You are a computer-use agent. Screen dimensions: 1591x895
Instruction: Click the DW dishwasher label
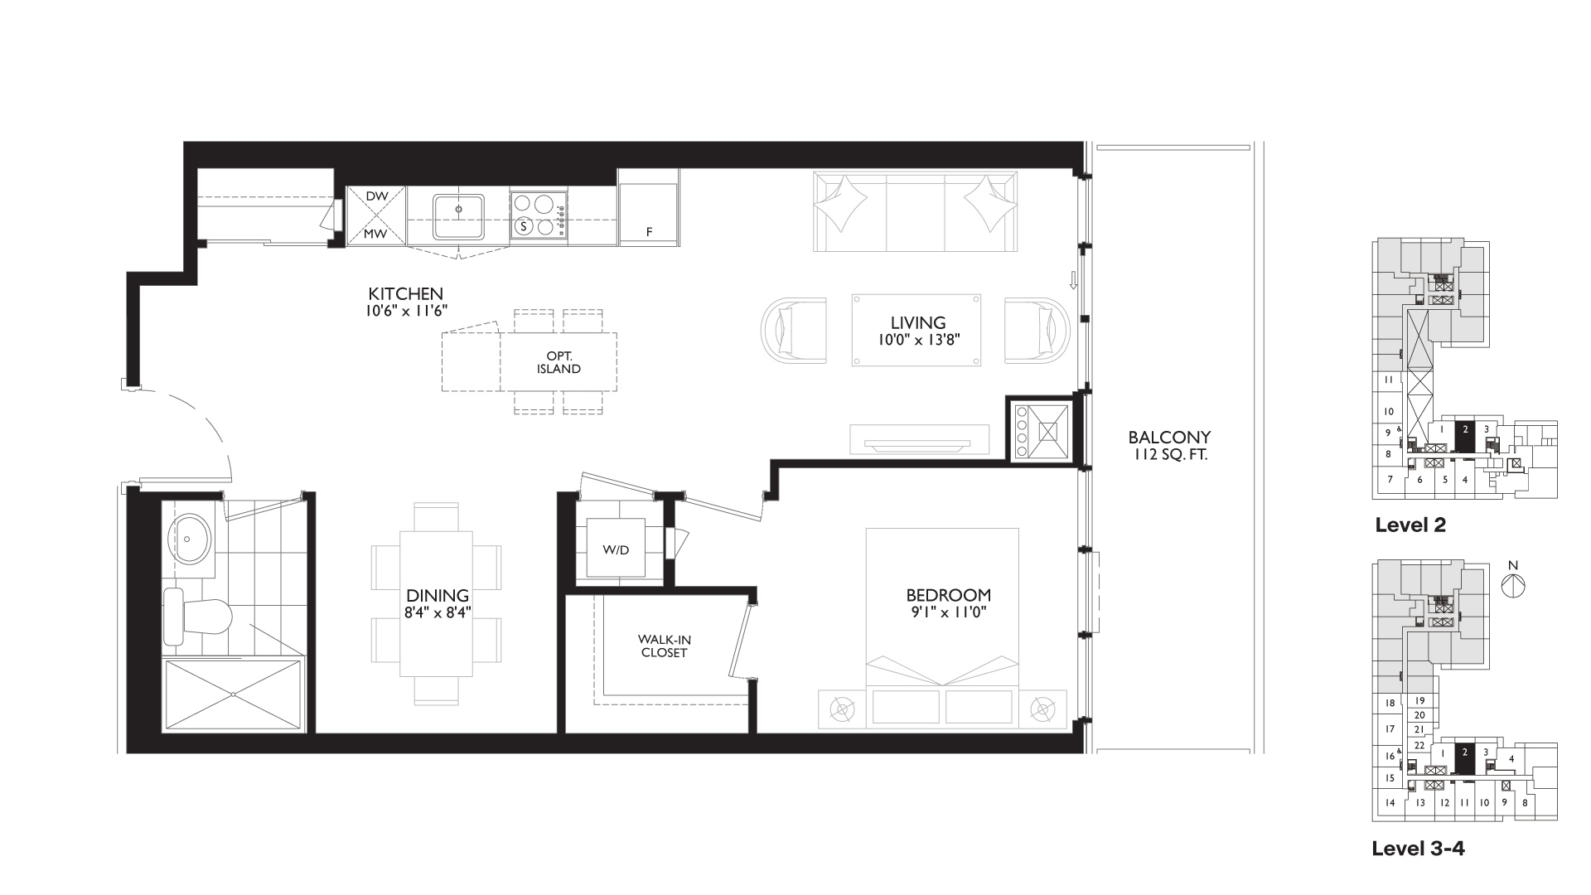(x=377, y=196)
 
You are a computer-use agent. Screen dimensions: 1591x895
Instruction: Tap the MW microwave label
(x=376, y=234)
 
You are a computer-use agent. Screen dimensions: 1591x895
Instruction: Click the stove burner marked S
(x=524, y=225)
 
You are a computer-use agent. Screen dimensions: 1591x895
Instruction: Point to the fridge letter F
(x=650, y=233)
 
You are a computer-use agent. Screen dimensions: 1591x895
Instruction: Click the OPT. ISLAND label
(x=559, y=362)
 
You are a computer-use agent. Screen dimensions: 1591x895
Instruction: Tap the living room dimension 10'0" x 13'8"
(x=918, y=340)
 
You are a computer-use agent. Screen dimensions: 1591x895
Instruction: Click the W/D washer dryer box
(x=616, y=548)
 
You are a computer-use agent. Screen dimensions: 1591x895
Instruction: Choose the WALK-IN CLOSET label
(x=665, y=646)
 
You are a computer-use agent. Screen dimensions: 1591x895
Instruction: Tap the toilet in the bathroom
(x=197, y=617)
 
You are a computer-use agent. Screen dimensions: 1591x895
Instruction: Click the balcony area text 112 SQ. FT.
(x=1170, y=454)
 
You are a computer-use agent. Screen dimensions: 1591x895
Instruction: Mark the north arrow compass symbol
(x=1513, y=584)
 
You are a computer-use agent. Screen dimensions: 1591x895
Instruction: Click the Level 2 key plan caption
(x=1410, y=525)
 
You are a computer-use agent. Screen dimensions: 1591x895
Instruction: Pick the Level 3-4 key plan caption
(x=1419, y=849)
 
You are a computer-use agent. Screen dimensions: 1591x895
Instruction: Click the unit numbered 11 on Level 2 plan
(x=1389, y=380)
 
